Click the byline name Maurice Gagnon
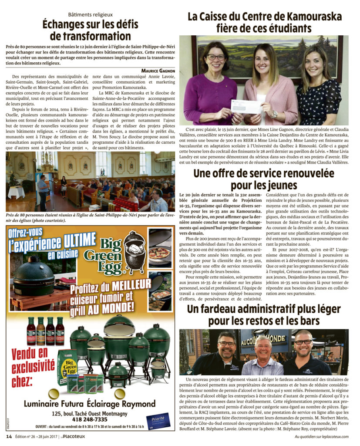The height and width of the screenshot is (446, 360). coord(158,70)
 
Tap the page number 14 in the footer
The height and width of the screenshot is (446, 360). coord(8,436)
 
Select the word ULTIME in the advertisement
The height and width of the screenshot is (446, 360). coord(75,239)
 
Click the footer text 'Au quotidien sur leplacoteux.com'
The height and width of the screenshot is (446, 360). coord(322,436)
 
